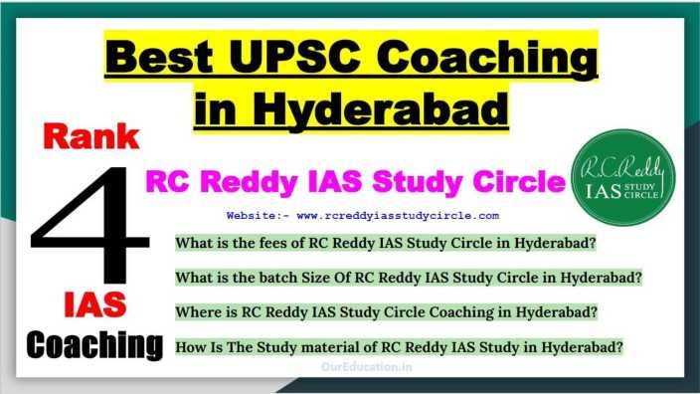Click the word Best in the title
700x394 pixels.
tap(159, 57)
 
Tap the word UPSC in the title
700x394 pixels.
tap(294, 57)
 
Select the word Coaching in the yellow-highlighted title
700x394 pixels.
tap(487, 60)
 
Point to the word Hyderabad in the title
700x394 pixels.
tap(383, 109)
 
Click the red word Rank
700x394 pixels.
tap(91, 136)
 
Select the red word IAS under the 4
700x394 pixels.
tap(95, 304)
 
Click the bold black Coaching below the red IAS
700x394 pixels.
tap(94, 345)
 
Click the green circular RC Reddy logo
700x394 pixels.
tap(623, 177)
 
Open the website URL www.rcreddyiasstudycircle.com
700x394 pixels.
tap(398, 216)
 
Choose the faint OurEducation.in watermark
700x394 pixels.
tap(367, 367)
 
